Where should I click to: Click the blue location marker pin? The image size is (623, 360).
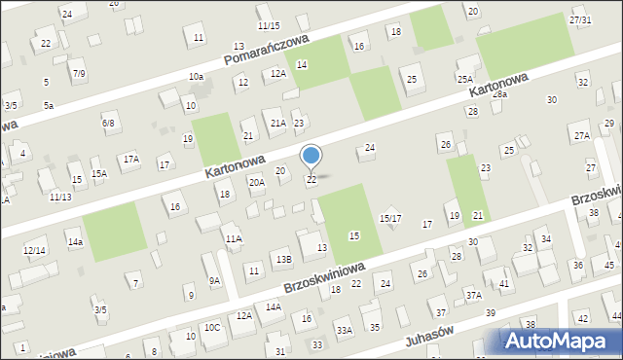[311, 156]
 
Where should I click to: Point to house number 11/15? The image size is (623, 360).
[269, 25]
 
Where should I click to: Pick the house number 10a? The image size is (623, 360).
[197, 76]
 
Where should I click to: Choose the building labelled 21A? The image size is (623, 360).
[278, 124]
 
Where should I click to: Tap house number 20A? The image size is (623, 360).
[257, 182]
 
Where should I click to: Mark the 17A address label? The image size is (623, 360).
[130, 159]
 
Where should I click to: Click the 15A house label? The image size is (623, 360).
[99, 173]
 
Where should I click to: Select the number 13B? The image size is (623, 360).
[283, 259]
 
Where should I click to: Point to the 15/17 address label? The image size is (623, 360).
[390, 218]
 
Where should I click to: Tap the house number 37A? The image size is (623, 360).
[473, 294]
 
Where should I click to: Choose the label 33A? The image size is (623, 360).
[345, 331]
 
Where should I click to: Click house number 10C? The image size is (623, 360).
[212, 328]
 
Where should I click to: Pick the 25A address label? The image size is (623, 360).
[465, 79]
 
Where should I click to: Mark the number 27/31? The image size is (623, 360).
[580, 20]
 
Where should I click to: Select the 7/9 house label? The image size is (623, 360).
[79, 73]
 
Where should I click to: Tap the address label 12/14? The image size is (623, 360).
[34, 250]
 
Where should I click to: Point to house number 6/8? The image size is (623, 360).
[108, 124]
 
